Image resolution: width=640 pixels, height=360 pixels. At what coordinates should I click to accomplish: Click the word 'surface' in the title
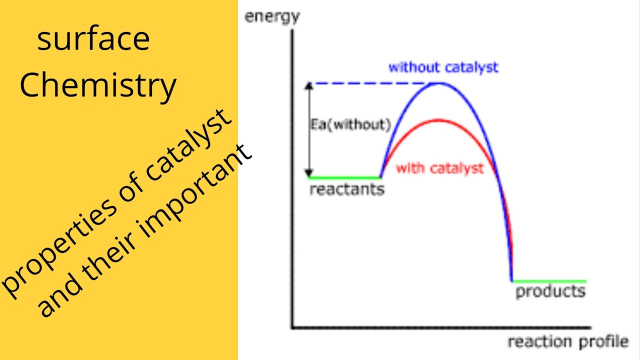tap(93, 40)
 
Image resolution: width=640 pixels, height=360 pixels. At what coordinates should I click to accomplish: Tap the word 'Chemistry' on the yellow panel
tap(98, 85)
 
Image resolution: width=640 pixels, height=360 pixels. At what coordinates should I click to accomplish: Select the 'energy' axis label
tap(271, 17)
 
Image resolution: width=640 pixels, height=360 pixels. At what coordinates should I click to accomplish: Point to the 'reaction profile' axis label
tap(567, 342)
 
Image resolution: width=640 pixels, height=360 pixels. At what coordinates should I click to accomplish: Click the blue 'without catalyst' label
tap(443, 67)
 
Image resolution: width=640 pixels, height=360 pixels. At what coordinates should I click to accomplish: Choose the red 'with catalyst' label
tap(440, 168)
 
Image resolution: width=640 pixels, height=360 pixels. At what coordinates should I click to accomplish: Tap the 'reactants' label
tap(346, 190)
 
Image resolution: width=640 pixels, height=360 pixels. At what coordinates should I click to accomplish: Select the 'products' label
tap(550, 291)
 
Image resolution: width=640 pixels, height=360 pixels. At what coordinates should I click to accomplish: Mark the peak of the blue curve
tap(438, 82)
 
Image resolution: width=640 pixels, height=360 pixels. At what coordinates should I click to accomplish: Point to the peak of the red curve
tap(438, 120)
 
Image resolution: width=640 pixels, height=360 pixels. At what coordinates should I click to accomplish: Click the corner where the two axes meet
tap(292, 328)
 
